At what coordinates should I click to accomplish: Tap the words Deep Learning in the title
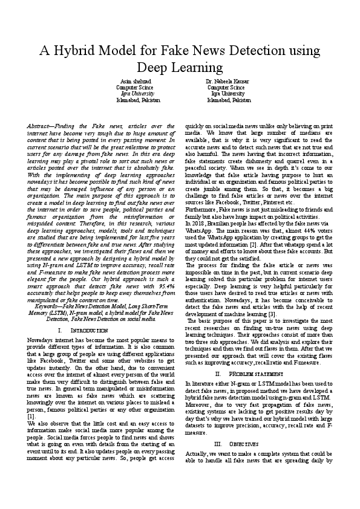point(180,66)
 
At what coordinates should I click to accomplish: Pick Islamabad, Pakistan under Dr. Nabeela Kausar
point(224,100)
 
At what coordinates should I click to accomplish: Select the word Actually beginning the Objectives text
point(197,437)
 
